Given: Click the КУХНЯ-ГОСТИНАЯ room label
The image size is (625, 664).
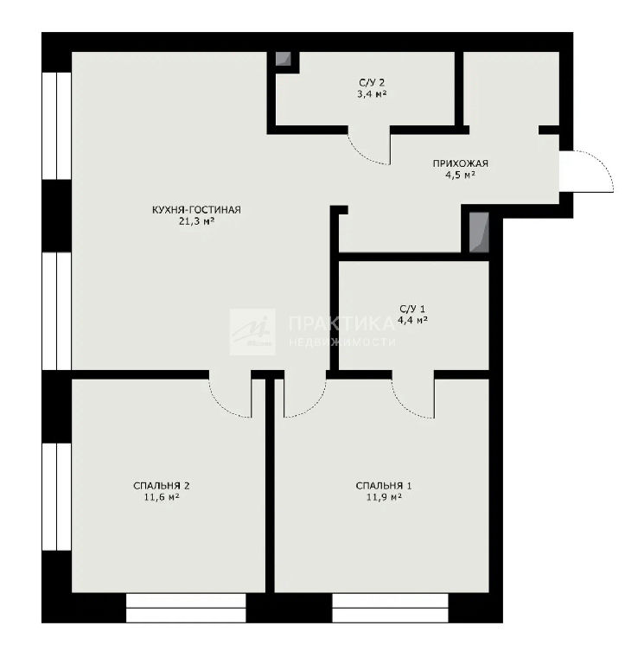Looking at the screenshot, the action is (196, 209).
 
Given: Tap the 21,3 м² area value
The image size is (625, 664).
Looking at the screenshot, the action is (196, 220).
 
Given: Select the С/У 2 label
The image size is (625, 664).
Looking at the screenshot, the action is (372, 83).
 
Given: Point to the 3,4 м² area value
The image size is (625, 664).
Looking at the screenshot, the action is (372, 93).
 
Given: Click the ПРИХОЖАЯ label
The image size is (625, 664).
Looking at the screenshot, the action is (460, 163).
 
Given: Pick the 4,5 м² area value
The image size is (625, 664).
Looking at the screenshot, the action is (460, 175).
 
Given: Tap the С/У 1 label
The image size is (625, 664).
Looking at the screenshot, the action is (412, 309).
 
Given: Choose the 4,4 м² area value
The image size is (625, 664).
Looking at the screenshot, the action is (412, 320).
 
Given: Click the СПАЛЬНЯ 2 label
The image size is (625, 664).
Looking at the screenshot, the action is (162, 486).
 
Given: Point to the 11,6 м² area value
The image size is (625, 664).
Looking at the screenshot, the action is (162, 497).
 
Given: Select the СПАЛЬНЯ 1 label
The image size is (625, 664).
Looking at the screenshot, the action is (384, 486).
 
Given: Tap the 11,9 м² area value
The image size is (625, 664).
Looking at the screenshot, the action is (384, 497).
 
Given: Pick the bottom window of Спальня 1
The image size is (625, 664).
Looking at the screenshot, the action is (390, 608).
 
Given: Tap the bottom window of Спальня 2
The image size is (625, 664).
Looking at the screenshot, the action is (186, 608).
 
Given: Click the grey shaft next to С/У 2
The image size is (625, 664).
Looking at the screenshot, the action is (283, 59).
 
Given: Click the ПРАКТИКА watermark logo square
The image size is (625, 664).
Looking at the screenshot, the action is (252, 332).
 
